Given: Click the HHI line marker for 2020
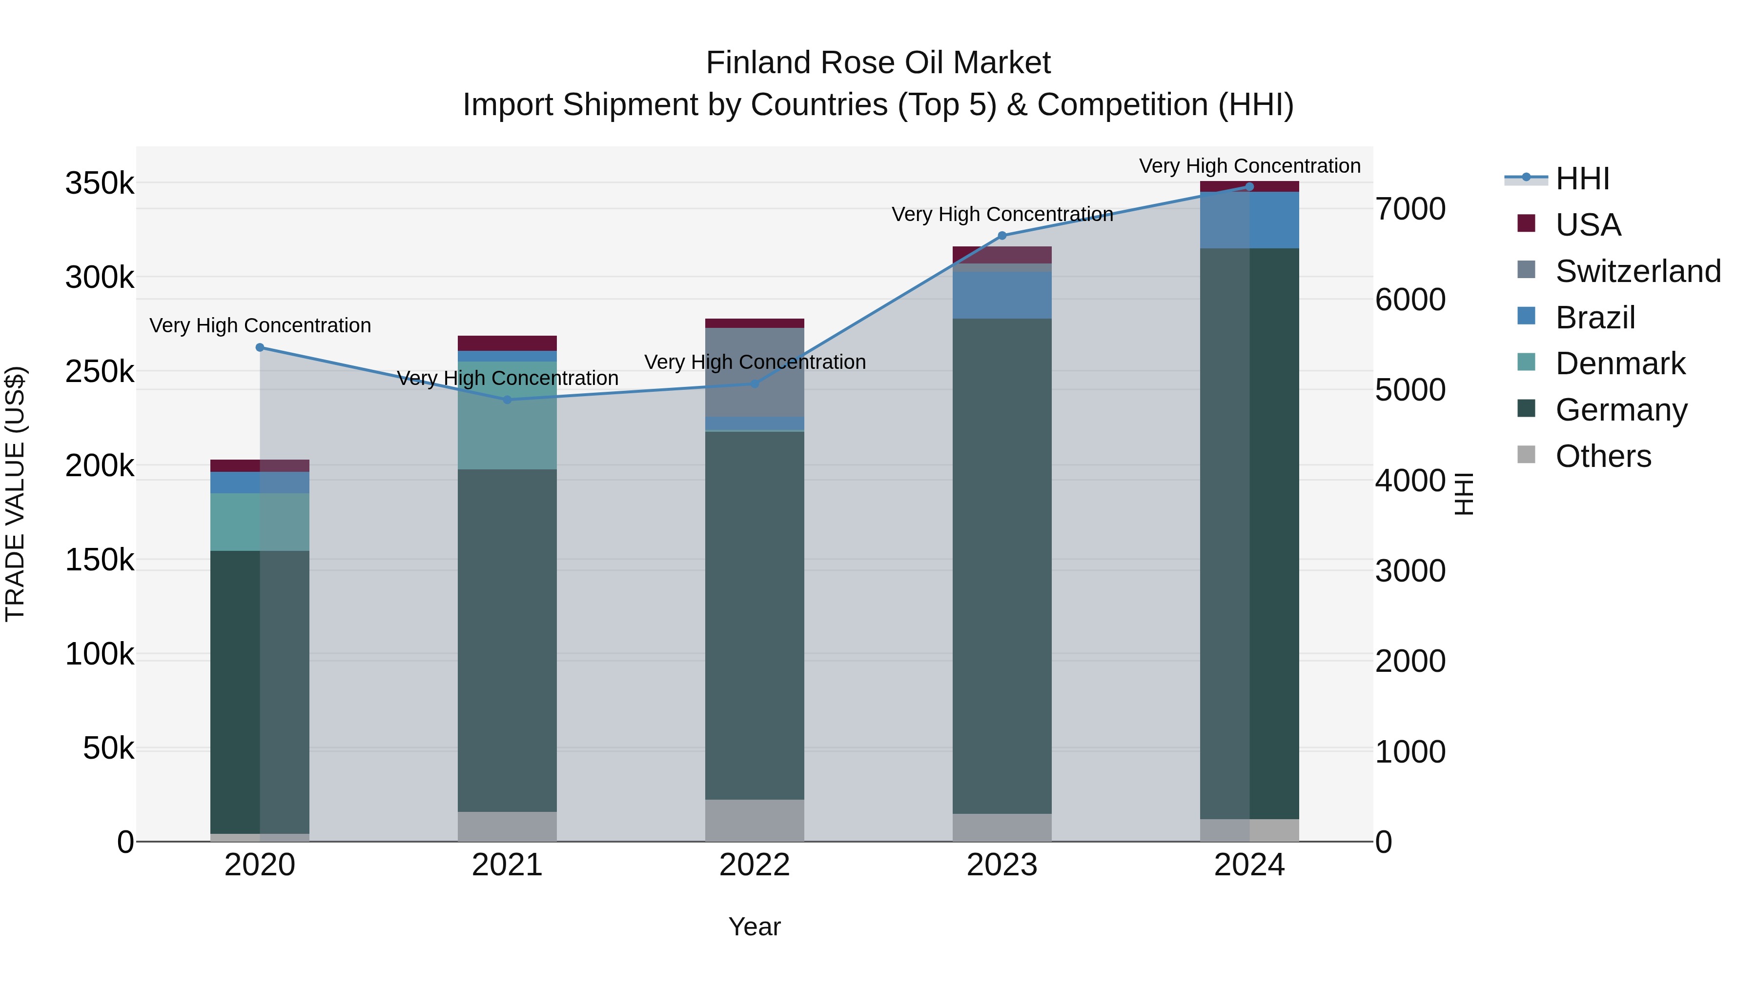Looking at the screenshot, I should pyautogui.click(x=260, y=348).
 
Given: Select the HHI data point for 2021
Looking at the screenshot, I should pyautogui.click(x=508, y=400).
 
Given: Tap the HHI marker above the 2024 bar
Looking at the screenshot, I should pyautogui.click(x=1249, y=187).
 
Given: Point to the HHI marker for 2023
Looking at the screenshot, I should pyautogui.click(x=1002, y=236).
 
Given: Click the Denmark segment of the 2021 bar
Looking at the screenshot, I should pyautogui.click(x=508, y=416).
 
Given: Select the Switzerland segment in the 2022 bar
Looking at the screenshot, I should pyautogui.click(x=755, y=372).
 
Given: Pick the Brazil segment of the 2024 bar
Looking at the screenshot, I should pyautogui.click(x=1249, y=220).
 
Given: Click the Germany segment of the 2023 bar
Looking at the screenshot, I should pyautogui.click(x=1002, y=566).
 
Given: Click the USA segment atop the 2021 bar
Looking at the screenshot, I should pyautogui.click(x=508, y=343).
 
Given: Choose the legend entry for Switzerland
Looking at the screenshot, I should pyautogui.click(x=1637, y=271).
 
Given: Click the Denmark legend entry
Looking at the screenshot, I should pyautogui.click(x=1619, y=364).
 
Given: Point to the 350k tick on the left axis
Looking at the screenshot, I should pyautogui.click(x=100, y=184).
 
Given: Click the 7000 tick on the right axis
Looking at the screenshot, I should pyautogui.click(x=1410, y=209).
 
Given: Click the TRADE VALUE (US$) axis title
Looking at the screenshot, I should pyautogui.click(x=15, y=494).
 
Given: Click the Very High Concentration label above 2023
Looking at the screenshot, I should pyautogui.click(x=1002, y=215).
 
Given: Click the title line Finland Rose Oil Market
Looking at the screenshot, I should pyautogui.click(x=878, y=63).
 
